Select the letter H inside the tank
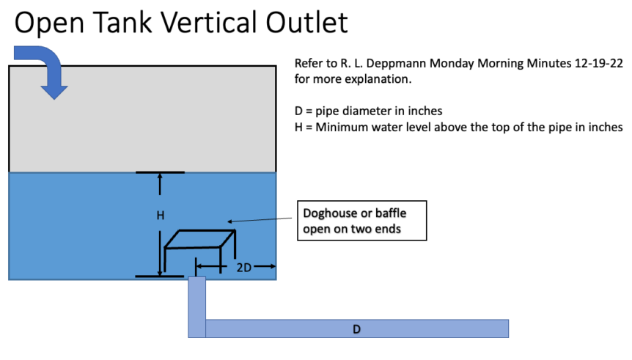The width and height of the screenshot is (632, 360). tap(160, 216)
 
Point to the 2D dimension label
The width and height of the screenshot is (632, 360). tap(244, 268)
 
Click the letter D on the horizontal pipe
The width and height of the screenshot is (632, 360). tap(356, 329)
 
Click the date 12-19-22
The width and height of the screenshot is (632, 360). tap(596, 63)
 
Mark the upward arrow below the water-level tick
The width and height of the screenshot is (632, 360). tap(160, 185)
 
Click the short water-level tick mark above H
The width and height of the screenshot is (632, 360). tap(160, 172)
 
